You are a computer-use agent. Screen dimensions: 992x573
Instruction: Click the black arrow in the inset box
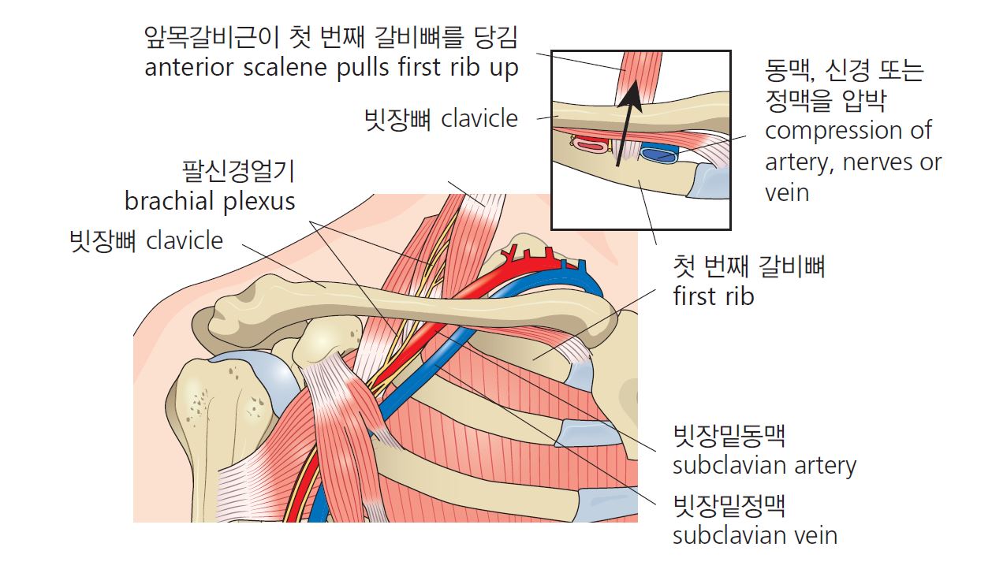point(628,123)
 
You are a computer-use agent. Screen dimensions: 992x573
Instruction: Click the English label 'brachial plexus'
point(210,202)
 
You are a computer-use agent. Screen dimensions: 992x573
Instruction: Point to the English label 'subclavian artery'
point(764,466)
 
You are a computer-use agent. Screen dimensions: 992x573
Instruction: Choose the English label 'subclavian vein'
point(755,536)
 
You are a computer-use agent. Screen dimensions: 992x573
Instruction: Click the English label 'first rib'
point(714,296)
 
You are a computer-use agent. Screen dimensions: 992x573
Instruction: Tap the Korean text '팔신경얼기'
point(238,171)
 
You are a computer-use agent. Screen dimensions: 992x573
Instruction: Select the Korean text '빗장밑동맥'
point(729,436)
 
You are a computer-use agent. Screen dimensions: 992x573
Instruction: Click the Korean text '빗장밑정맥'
point(729,506)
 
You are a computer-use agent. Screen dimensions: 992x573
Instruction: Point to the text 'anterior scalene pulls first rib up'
point(331,69)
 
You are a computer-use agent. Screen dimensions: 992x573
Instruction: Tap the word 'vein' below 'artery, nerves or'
point(787,193)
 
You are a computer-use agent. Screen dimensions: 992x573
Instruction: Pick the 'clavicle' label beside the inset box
point(479,119)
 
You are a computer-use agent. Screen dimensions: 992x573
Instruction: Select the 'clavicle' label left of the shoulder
point(185,241)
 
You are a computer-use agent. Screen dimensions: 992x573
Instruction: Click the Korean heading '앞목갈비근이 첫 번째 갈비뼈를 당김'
point(331,37)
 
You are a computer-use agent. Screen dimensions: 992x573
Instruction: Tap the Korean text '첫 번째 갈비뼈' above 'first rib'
point(749,266)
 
